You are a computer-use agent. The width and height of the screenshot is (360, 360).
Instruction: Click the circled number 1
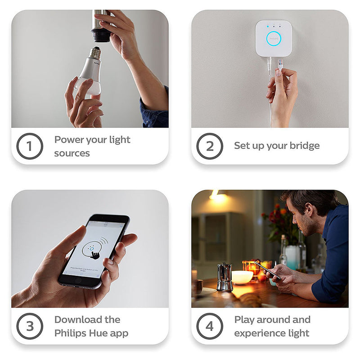point(30,146)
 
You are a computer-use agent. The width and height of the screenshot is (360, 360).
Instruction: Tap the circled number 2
point(210,146)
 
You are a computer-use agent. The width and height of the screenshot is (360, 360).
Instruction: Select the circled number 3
point(30,326)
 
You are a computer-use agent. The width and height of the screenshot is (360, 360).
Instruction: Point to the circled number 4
point(210,326)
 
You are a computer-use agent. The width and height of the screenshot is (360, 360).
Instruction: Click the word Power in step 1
point(69,139)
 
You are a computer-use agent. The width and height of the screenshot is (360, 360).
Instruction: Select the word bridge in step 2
point(304,146)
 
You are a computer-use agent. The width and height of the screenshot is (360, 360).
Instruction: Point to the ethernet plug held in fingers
point(279,64)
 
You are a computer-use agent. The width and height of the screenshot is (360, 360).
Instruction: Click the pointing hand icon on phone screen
point(94,254)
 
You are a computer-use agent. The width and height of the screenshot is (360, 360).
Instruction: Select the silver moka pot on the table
point(224,277)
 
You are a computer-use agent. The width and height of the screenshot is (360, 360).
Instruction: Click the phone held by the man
point(268,270)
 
